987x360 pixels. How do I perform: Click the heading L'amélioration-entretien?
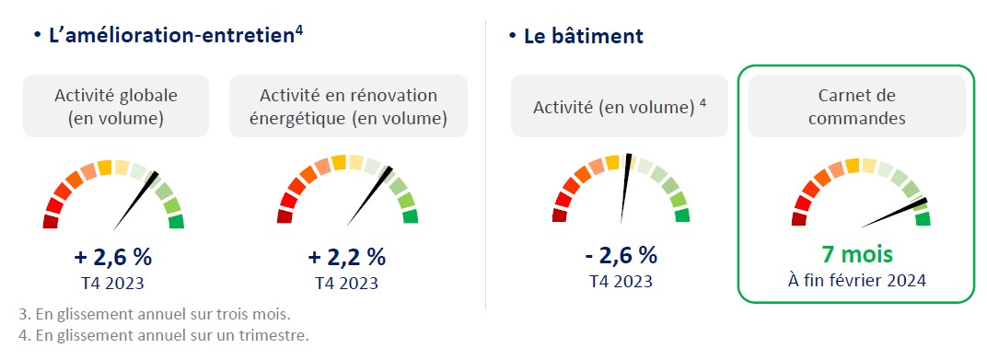171,35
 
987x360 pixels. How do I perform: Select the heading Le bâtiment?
584,36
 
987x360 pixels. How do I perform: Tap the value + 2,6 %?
113,257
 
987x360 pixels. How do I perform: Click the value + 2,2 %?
347,257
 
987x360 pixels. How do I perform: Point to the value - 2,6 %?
621,256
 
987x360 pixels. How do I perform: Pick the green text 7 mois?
856,255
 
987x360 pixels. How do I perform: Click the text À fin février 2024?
856,280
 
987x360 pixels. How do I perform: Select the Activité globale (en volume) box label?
116,107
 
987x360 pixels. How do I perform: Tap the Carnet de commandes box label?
856,107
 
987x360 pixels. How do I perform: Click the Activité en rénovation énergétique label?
348,107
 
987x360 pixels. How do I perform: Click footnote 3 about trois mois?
155,313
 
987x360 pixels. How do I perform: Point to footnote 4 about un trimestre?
164,335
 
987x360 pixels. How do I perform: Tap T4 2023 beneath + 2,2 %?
347,283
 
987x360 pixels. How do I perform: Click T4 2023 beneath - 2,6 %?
621,281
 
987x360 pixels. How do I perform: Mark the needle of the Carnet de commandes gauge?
894,214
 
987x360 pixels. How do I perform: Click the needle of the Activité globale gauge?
136,201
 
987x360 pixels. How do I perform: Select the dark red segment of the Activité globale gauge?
51,222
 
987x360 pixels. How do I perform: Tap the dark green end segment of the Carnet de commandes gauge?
923,219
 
